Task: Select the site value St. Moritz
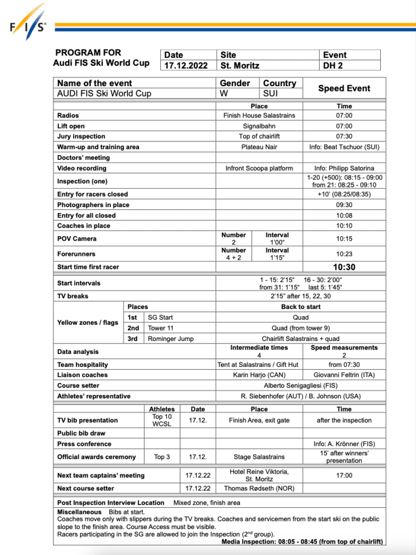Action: coord(240,66)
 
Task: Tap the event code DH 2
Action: coord(333,66)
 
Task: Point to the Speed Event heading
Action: coord(344,88)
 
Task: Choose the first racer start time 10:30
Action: coord(344,267)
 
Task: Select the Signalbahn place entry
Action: coord(259,126)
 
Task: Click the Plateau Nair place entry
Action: coord(259,147)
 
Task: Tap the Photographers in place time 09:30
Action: coord(344,205)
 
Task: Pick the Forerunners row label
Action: coord(76,254)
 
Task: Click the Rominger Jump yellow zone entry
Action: coord(171,339)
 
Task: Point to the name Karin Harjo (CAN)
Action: coord(259,375)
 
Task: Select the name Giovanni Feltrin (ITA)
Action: coord(344,375)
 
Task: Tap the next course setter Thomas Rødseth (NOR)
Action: coord(259,488)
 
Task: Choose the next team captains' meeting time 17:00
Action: coord(344,475)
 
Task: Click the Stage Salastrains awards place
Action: coord(259,457)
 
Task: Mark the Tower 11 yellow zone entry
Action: coord(161,328)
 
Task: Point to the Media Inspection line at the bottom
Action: coord(302,541)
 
